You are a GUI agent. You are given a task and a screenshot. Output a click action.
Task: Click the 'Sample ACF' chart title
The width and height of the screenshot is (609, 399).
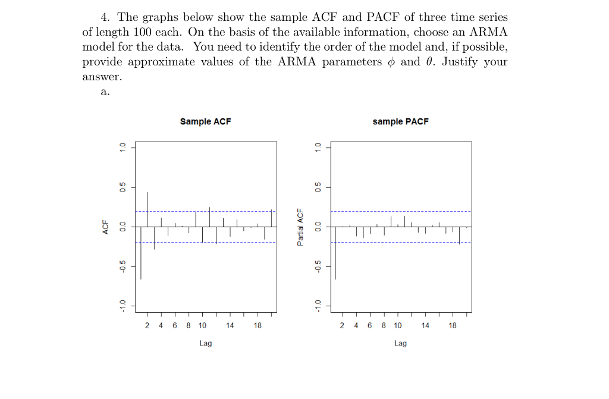[x=205, y=121]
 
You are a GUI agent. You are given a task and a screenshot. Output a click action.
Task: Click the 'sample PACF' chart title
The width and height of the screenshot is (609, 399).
[x=400, y=121]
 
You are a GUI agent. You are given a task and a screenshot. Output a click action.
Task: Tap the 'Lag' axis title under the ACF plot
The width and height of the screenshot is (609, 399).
[x=205, y=344]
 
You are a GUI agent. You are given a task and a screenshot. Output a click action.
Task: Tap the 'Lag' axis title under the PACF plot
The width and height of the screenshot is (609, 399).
[x=400, y=344]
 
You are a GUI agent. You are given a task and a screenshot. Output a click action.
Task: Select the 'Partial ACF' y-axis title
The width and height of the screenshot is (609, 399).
[x=301, y=227]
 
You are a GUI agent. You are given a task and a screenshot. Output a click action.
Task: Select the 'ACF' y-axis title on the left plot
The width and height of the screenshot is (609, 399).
[x=106, y=227]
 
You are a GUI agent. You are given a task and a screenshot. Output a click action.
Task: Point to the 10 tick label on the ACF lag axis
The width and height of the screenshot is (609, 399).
[x=202, y=326]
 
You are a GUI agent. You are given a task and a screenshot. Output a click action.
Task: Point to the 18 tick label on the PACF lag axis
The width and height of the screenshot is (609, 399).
[x=453, y=326]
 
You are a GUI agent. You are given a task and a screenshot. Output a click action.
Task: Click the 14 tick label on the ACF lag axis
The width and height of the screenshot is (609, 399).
[x=230, y=326]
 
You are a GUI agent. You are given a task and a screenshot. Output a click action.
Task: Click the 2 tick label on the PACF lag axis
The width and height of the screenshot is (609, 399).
[x=342, y=326]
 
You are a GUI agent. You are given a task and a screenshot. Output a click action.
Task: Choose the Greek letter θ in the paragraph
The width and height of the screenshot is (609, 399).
[x=431, y=62]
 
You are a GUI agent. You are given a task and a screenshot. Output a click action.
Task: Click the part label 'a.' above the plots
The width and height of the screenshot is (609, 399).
[x=105, y=92]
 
